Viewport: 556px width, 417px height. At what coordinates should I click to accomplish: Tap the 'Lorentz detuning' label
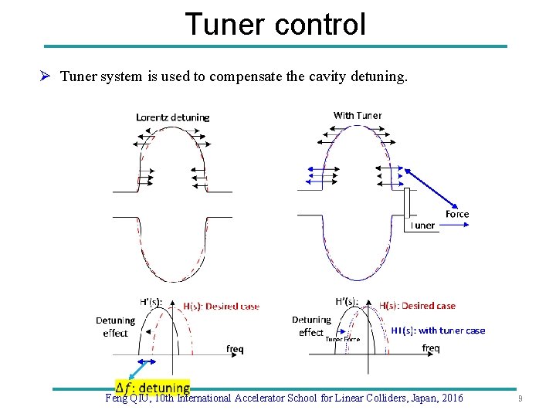[x=172, y=117]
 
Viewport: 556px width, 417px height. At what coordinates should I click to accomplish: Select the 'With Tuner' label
[x=357, y=115]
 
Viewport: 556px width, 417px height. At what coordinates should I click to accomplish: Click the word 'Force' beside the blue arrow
[x=457, y=214]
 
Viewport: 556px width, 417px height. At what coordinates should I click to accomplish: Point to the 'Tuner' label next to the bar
[x=422, y=225]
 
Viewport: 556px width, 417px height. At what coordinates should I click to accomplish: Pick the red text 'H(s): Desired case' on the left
[x=221, y=306]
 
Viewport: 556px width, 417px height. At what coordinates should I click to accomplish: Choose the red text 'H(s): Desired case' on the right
[x=417, y=306]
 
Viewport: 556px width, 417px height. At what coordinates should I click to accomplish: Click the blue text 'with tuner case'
[x=452, y=331]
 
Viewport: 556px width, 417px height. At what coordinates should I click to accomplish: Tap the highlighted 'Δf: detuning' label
[x=153, y=388]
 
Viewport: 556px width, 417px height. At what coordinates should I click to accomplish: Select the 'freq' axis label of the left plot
[x=235, y=349]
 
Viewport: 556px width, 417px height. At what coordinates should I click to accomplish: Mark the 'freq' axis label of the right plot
[x=431, y=348]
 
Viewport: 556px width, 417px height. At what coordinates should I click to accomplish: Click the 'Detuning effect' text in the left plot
[x=115, y=327]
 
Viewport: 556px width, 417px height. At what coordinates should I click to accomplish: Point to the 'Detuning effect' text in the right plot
[x=311, y=326]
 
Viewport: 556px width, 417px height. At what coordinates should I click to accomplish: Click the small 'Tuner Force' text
[x=342, y=339]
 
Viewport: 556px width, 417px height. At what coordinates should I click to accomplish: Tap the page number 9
[x=520, y=399]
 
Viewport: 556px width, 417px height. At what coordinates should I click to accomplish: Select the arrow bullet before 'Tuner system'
[x=46, y=76]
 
